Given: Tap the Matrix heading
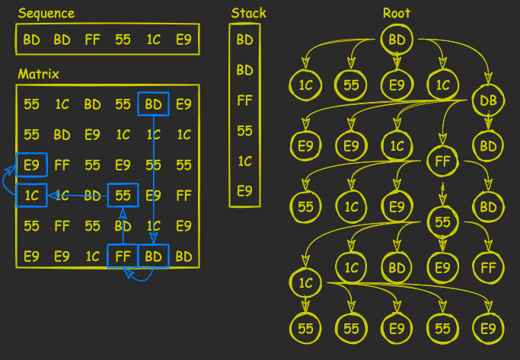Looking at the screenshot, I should [38, 74].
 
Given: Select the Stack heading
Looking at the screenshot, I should [248, 13].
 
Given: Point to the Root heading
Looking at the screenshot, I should [397, 13].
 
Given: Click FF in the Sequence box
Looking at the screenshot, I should [92, 39].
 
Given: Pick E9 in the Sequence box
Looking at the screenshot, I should [183, 39].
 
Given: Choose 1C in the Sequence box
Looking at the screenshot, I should [153, 39].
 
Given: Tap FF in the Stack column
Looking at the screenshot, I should [244, 100].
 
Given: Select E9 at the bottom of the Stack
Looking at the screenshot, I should [244, 191].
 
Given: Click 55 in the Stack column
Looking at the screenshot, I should [244, 131].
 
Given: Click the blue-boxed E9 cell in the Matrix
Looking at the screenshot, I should [31, 164].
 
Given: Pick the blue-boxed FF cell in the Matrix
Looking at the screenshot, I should [123, 256].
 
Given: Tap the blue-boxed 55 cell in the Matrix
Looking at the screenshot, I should [123, 196].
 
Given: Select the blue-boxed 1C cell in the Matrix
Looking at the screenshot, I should [31, 196].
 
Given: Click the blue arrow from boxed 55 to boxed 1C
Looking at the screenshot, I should [76, 196].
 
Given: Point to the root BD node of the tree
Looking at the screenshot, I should [397, 39].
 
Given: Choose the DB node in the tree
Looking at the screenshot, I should [487, 100].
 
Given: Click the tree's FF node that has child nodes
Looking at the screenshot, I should [442, 161].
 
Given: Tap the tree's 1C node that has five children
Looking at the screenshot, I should [305, 283].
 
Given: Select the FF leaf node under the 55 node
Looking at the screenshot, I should [488, 267].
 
